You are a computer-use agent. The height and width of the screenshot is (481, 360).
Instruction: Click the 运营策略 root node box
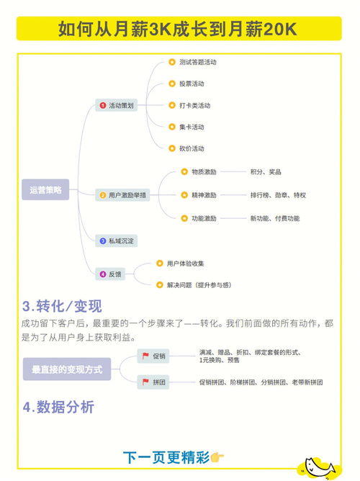point(45,189)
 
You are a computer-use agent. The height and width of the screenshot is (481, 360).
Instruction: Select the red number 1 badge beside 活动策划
point(103,106)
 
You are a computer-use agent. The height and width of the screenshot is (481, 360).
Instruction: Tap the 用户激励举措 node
point(122,195)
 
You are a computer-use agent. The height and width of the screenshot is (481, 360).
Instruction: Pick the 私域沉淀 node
point(116,241)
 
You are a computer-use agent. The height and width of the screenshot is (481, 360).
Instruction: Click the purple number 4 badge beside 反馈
point(103,274)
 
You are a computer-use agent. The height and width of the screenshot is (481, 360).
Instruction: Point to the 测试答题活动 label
point(198,62)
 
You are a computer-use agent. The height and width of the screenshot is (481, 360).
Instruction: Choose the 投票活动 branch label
point(192,84)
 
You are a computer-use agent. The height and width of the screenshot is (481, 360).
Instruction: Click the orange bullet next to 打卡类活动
point(172,105)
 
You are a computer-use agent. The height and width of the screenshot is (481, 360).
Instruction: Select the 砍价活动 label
point(192,149)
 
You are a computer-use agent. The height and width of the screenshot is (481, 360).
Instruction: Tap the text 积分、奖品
point(266,172)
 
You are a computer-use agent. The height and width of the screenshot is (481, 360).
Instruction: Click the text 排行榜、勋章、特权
point(278,195)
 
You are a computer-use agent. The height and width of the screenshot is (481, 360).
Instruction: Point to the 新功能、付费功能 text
point(275,218)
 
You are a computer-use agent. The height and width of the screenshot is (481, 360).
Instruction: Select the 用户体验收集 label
point(185,264)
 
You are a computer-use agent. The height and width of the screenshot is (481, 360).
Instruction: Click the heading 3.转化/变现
point(62,306)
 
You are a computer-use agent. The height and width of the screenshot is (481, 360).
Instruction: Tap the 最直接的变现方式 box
point(67,369)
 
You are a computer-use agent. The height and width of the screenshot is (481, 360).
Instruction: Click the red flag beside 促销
point(145,356)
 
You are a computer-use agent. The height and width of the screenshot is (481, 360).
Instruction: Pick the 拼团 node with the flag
point(153,382)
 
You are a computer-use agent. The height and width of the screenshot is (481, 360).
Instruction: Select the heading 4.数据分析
point(58,408)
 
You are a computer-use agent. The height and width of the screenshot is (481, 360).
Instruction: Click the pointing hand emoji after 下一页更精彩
point(217,457)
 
